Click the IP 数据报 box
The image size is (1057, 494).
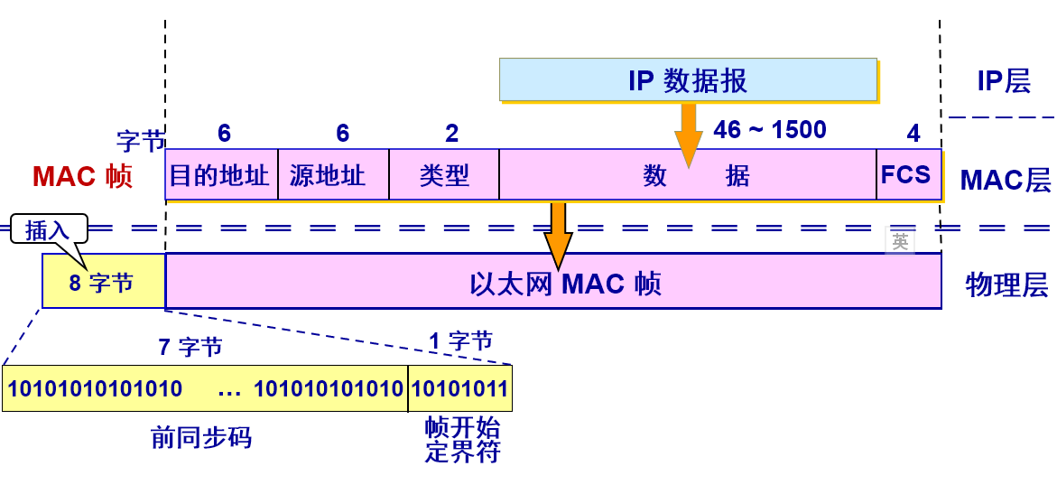click(x=688, y=79)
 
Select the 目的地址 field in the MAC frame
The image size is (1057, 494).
click(x=221, y=175)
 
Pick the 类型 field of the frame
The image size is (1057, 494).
click(x=444, y=175)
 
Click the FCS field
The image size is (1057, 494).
click(x=906, y=174)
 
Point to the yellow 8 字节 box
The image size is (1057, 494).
click(x=103, y=283)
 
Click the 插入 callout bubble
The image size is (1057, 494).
click(x=48, y=230)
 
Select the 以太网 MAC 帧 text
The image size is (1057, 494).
click(x=565, y=284)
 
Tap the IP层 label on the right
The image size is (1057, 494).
click(x=1004, y=81)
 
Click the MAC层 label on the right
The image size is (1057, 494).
click(x=1005, y=180)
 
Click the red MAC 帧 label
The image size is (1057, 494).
click(x=82, y=176)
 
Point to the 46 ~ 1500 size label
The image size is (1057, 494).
click(x=770, y=130)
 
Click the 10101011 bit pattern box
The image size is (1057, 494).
click(x=460, y=389)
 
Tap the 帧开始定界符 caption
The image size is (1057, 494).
click(x=462, y=440)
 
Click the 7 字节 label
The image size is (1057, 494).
click(x=190, y=347)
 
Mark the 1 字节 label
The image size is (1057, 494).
click(x=460, y=341)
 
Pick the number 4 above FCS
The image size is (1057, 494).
click(x=913, y=135)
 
